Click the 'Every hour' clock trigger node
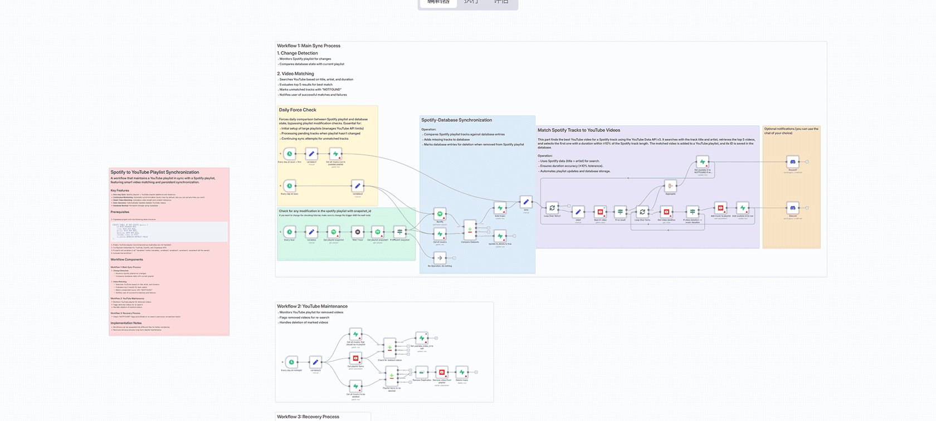click(289, 232)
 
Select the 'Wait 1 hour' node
click(358, 232)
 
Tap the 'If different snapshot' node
click(399, 232)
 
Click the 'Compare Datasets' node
click(470, 230)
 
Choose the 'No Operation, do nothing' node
click(440, 258)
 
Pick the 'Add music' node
click(500, 208)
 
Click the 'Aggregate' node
click(670, 186)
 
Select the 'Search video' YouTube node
click(600, 212)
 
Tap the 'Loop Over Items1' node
click(552, 208)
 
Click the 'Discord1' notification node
click(792, 162)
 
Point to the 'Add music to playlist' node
click(720, 208)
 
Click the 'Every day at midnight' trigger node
click(291, 362)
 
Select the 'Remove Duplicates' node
click(422, 372)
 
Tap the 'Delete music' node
click(462, 372)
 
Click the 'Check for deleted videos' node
click(389, 347)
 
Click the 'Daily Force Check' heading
click(298, 110)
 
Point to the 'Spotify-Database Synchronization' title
click(456, 120)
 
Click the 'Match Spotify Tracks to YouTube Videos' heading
click(578, 130)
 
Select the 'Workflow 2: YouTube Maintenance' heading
click(312, 306)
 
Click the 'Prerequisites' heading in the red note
click(120, 212)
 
